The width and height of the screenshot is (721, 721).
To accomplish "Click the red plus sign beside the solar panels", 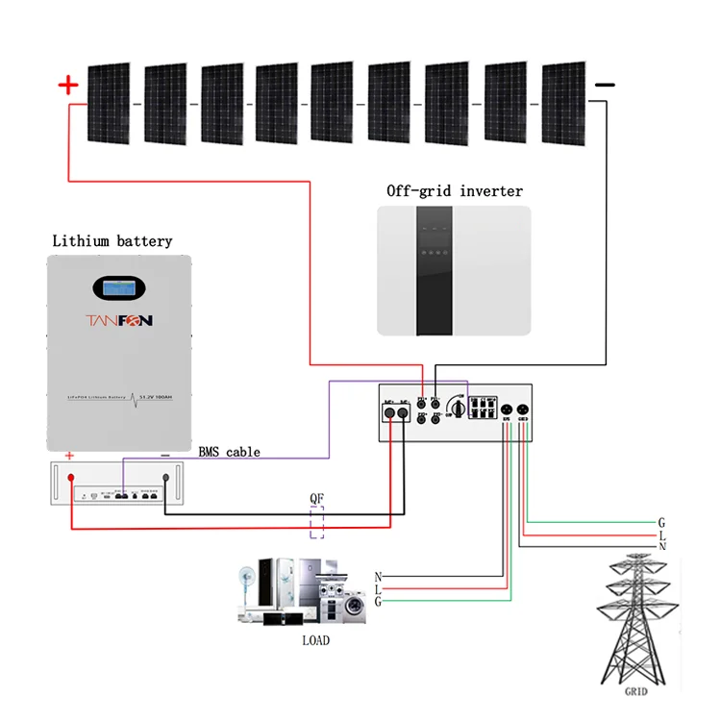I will click(68, 86).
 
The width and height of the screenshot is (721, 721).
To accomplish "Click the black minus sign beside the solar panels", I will click(604, 86).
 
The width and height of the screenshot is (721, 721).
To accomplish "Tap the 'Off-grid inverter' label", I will click(455, 191).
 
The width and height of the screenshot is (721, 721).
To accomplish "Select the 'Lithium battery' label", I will click(112, 241).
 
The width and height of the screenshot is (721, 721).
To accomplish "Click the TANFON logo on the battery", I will click(119, 320).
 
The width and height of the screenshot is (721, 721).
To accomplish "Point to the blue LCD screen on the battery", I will click(119, 287).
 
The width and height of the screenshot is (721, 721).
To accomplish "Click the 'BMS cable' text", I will click(229, 451).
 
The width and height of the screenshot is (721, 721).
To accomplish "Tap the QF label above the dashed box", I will click(316, 499).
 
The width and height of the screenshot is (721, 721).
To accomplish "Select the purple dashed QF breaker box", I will click(316, 526).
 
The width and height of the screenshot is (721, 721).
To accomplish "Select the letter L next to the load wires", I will click(378, 589).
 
